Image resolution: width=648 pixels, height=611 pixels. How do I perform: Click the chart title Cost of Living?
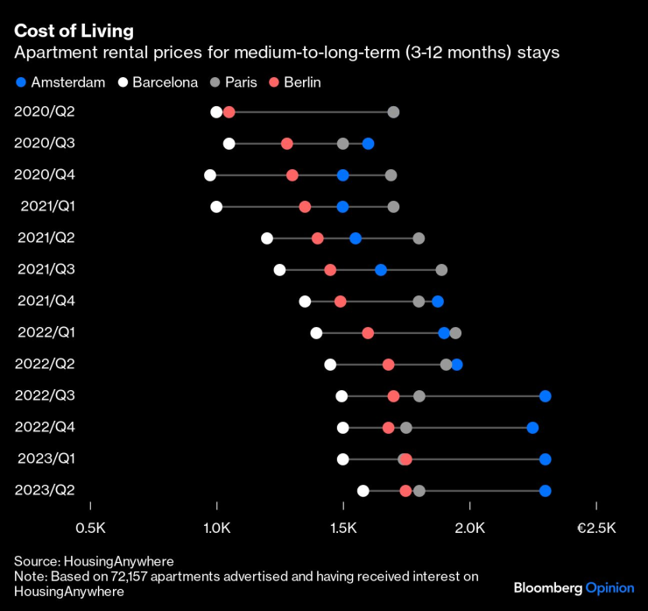coord(74,31)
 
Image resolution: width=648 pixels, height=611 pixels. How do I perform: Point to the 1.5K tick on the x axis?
coord(343,529)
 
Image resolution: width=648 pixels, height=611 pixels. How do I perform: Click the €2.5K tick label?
coord(596,529)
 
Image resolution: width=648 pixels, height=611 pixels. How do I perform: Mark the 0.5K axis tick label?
coord(90,529)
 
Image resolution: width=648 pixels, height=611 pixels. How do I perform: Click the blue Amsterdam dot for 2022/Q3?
coord(546,396)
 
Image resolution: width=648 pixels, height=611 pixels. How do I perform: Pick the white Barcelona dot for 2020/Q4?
coord(210,175)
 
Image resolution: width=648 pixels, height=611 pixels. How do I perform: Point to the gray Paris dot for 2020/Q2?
coord(393,112)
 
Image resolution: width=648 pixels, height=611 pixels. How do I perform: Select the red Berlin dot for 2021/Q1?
coord(305,207)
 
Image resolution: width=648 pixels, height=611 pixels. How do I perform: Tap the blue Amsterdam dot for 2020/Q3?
coord(368,144)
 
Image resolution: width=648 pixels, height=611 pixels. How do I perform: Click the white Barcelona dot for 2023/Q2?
coord(363,491)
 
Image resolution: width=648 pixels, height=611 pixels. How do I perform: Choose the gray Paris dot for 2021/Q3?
coord(441,270)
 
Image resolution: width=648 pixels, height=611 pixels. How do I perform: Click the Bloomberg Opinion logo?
coord(574,586)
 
